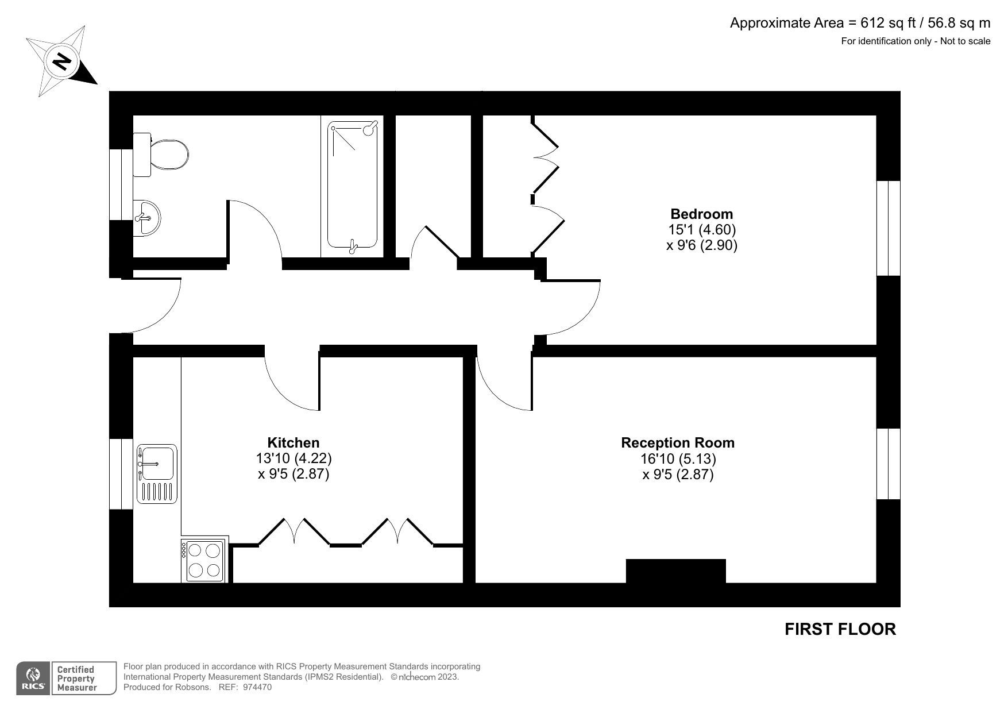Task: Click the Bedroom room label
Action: click(x=701, y=214)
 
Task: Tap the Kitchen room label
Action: click(x=293, y=443)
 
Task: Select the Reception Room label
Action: click(x=678, y=443)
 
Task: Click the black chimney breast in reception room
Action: click(x=675, y=572)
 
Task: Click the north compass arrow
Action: click(x=62, y=61)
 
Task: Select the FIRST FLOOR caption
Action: click(x=840, y=629)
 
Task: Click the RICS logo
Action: click(x=33, y=679)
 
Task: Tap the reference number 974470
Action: click(x=257, y=687)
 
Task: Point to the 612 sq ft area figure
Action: click(x=887, y=23)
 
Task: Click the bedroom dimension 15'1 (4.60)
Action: click(x=701, y=230)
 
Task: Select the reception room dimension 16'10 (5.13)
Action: click(x=678, y=459)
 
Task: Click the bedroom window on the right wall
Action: click(x=888, y=229)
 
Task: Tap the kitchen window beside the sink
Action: click(x=121, y=474)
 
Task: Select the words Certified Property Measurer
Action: click(x=75, y=679)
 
